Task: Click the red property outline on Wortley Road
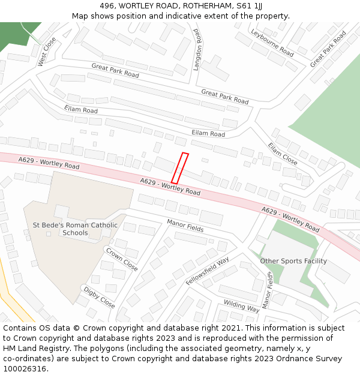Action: coord(180,168)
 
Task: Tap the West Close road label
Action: coord(46,52)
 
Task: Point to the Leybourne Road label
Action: coord(272,43)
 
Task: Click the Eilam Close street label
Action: coord(282,154)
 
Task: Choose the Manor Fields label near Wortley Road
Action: coord(185,226)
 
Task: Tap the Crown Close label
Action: coord(121,259)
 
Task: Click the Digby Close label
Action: coord(99,298)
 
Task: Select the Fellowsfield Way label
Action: coord(208,271)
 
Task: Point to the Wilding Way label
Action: coord(241,306)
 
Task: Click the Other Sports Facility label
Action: coord(293,261)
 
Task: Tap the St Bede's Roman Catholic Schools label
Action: coord(75,229)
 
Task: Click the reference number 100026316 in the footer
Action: coord(25,368)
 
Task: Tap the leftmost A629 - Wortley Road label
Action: coord(49,162)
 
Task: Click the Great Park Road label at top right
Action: coord(328,49)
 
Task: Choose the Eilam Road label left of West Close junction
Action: coord(81,110)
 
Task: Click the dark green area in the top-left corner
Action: coord(18,33)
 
